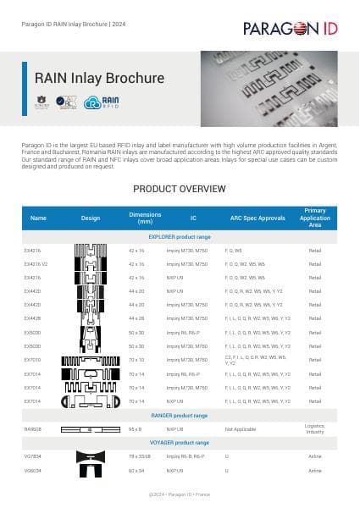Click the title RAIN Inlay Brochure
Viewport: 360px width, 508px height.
coord(99,78)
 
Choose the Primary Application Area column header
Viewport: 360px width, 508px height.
coord(315,218)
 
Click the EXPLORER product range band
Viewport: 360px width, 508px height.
coord(180,237)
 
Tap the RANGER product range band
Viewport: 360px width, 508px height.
coord(180,416)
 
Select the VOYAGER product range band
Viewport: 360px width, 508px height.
coord(180,443)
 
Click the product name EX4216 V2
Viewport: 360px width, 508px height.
coord(37,264)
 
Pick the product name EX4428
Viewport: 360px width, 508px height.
coord(34,318)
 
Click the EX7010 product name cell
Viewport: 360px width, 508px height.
coord(34,360)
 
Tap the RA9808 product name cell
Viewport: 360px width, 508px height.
coord(34,429)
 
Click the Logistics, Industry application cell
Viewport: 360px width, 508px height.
coord(315,429)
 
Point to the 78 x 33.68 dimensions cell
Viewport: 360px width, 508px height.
coord(139,456)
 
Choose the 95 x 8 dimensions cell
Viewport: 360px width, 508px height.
coord(135,429)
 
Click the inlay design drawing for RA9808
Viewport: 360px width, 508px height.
coord(90,429)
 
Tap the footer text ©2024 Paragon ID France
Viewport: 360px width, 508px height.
coord(180,490)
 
